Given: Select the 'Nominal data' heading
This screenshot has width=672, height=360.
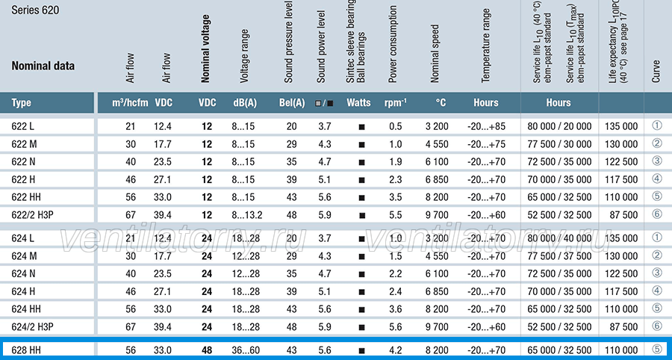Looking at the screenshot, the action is pos(43,66).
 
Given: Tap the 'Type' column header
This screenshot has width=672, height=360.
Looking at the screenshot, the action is pos(21,103).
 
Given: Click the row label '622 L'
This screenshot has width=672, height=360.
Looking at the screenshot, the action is pos(22,126).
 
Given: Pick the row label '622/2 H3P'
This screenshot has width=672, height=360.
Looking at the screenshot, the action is pos(32,215).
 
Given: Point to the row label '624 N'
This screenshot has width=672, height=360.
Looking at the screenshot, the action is pos(23,274).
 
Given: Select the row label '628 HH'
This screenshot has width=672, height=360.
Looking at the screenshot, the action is pos(26,350).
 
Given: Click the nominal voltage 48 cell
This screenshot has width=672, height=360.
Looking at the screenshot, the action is pos(207,350).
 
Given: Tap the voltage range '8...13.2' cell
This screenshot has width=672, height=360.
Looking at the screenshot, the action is pos(247,215).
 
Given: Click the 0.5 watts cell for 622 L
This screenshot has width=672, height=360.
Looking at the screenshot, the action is pos(396,126).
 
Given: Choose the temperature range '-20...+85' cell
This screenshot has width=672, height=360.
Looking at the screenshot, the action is pos(486,126).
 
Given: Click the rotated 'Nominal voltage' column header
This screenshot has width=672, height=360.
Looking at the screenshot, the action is pos(206,49).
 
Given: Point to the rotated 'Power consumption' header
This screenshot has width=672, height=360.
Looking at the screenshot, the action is pos(393,44).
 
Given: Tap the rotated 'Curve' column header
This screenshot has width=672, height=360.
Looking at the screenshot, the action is pos(656,71).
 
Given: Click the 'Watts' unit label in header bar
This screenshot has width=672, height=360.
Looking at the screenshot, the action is pos(358,103).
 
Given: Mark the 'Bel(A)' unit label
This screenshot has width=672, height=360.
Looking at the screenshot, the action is pos(292,103).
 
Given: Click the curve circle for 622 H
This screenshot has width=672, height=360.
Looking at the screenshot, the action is pos(657,179).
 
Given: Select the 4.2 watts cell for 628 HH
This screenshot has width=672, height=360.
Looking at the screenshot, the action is pos(396,350).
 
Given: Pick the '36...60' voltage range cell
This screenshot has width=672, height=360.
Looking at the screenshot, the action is pos(246,350).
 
